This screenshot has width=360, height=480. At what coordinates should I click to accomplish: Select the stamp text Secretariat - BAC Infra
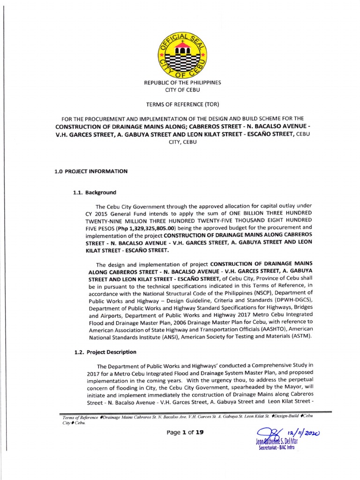click(277, 448)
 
